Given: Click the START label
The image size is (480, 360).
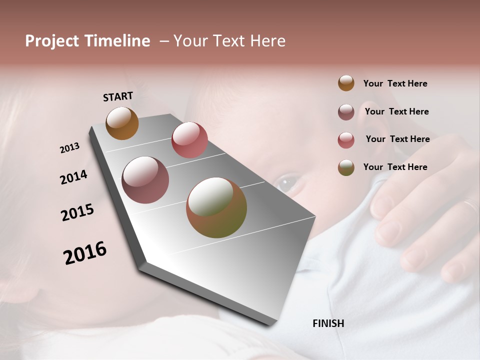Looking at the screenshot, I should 118,96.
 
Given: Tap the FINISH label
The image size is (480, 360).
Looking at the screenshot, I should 328,323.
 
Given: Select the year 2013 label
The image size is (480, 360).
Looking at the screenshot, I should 69,148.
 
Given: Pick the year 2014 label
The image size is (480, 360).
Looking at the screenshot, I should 73,177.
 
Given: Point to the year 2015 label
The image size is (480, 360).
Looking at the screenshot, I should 77,212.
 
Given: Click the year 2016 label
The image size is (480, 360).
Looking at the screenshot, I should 85,253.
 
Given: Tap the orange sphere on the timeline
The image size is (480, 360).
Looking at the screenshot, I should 122,123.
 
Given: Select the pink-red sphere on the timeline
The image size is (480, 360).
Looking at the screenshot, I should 189,139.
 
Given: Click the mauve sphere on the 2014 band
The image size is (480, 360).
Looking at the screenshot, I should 145,180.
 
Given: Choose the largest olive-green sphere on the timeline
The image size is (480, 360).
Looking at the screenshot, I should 216,207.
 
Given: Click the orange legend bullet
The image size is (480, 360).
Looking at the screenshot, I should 346,83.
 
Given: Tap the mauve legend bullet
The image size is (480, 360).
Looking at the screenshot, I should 346,112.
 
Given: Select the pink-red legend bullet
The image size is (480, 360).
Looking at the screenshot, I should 346,140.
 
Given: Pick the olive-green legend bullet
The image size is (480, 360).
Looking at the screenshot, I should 346,167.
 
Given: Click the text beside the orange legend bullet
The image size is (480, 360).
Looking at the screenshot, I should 395,84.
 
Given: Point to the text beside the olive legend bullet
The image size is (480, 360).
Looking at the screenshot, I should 395,167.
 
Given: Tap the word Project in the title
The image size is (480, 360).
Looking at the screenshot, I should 52,41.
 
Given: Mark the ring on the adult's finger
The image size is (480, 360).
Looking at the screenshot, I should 470,205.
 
